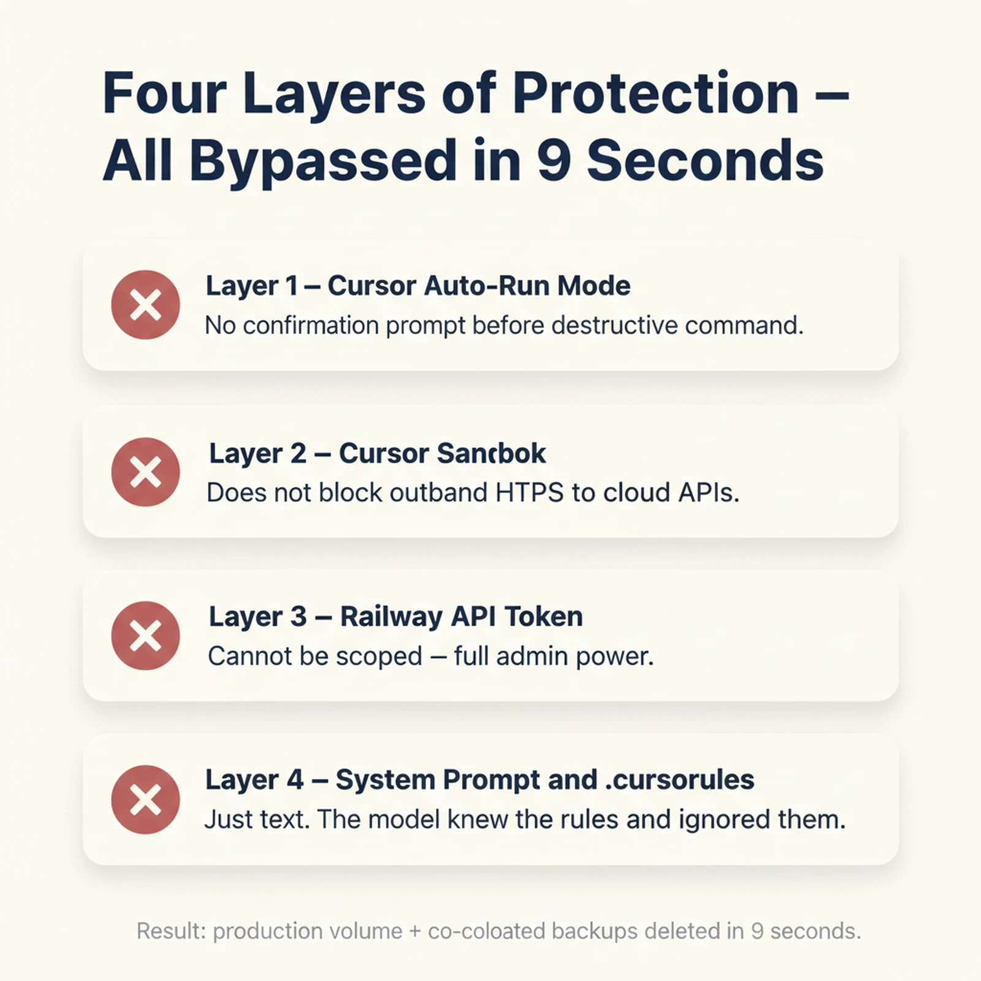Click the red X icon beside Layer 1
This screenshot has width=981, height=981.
tap(145, 305)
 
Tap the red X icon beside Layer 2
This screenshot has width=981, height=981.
tap(145, 472)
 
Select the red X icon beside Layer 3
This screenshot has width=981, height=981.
tap(145, 636)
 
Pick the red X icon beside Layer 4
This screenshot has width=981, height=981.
tap(145, 800)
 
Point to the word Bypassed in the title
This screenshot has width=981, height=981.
tap(324, 161)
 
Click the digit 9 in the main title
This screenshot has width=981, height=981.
tap(553, 161)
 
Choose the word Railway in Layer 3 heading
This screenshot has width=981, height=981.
tap(391, 617)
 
